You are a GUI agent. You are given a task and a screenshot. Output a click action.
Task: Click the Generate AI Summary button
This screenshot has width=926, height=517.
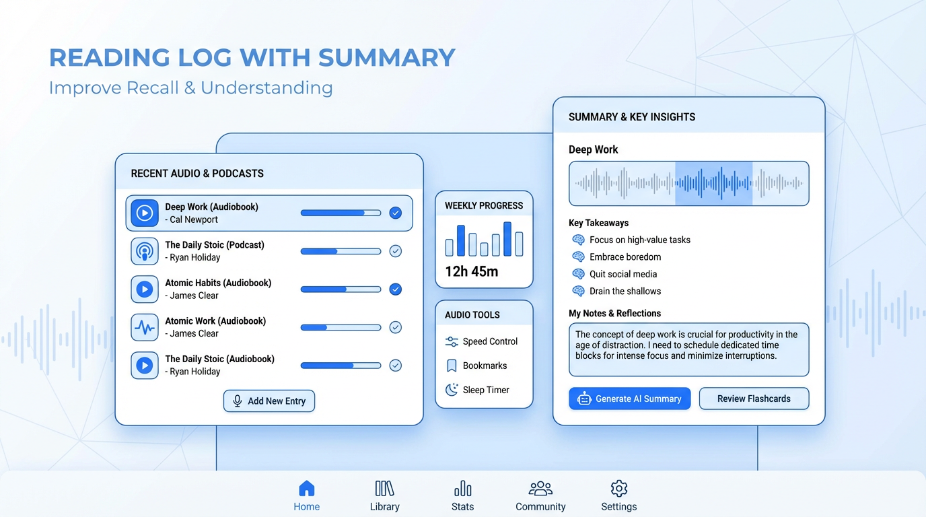[629, 399]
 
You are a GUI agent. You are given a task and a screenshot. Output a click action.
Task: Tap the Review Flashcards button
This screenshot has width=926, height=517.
[754, 399]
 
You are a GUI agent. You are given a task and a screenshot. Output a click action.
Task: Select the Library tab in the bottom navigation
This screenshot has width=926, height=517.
[384, 495]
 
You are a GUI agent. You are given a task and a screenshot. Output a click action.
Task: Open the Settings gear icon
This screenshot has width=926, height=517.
[619, 489]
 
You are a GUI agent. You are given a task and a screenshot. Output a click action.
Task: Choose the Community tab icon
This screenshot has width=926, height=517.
[540, 489]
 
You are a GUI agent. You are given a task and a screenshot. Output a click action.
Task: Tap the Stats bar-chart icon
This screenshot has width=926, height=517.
[462, 489]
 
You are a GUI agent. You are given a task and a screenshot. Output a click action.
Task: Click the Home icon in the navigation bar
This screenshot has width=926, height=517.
[307, 489]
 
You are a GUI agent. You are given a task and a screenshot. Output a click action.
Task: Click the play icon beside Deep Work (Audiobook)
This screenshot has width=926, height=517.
[145, 213]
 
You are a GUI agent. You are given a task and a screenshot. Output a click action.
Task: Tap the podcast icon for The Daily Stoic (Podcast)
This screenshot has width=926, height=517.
[145, 251]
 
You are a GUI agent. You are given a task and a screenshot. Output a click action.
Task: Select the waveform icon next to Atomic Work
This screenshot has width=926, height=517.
[145, 327]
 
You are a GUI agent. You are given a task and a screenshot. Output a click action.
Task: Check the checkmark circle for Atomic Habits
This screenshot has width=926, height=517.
[396, 289]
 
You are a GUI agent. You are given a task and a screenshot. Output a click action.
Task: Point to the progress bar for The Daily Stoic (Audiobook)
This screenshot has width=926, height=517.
[341, 366]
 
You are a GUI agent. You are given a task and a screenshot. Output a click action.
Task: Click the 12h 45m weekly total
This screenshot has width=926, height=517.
[472, 272]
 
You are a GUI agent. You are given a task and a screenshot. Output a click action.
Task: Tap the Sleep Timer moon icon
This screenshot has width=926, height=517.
[452, 390]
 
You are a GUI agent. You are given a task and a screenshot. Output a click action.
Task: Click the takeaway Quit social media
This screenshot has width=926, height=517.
[623, 274]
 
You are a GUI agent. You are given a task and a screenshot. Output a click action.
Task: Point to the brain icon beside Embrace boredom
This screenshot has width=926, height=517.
[578, 257]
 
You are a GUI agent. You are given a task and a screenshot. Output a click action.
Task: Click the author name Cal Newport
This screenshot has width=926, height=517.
[194, 219]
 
